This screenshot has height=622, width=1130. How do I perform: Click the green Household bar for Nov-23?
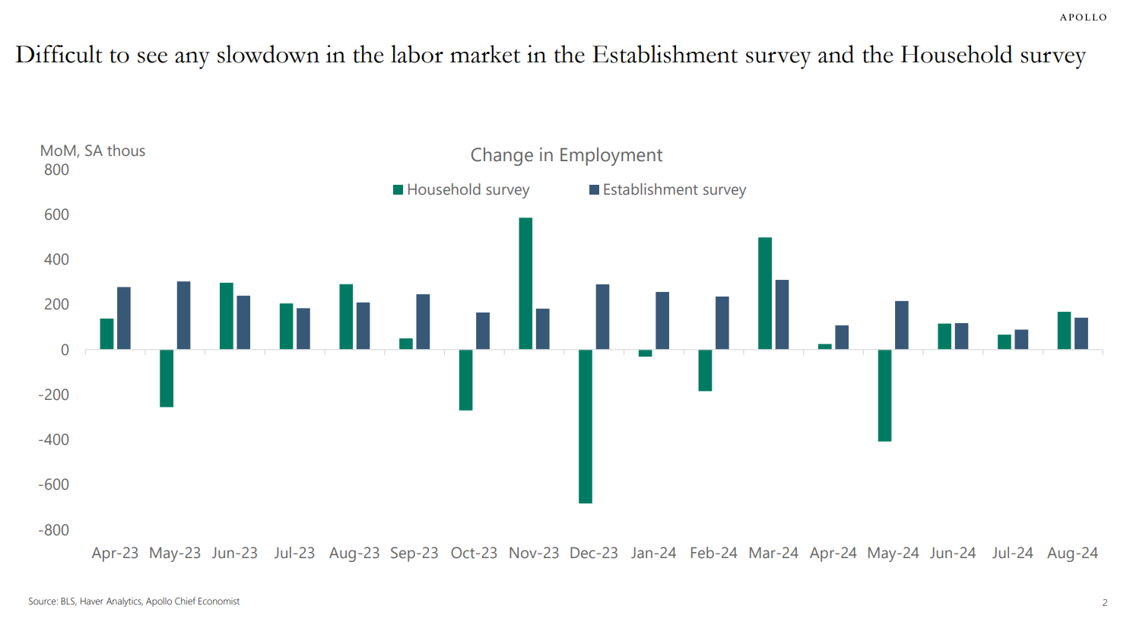click(x=525, y=284)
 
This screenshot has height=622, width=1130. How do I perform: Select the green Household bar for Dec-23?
click(x=586, y=426)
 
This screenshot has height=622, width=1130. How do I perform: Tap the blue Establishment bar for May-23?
click(x=183, y=316)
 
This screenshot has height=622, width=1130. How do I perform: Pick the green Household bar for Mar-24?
click(x=765, y=294)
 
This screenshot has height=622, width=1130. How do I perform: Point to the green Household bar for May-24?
click(x=884, y=395)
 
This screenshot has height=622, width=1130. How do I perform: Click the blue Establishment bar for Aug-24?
click(x=1081, y=334)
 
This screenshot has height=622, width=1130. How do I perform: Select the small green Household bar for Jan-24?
click(x=646, y=353)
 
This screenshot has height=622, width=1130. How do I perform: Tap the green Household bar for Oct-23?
click(x=465, y=379)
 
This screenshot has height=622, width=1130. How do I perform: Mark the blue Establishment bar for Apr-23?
click(x=124, y=318)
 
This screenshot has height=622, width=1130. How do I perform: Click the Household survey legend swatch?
click(x=398, y=189)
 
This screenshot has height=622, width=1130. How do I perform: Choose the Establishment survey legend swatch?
click(x=594, y=189)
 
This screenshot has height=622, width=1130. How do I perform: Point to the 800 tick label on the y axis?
click(x=56, y=170)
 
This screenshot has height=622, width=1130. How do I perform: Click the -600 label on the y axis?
click(x=54, y=484)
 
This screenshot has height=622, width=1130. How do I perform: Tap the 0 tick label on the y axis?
click(x=65, y=350)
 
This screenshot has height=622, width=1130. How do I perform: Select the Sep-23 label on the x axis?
click(x=414, y=553)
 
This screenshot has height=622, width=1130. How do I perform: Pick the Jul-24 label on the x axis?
click(x=1012, y=553)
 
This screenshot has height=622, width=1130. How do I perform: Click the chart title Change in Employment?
click(x=567, y=155)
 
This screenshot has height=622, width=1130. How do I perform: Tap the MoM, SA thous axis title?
click(x=93, y=151)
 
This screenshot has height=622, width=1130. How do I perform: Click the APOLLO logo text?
click(x=1083, y=17)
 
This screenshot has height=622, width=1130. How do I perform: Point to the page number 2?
click(x=1104, y=602)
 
